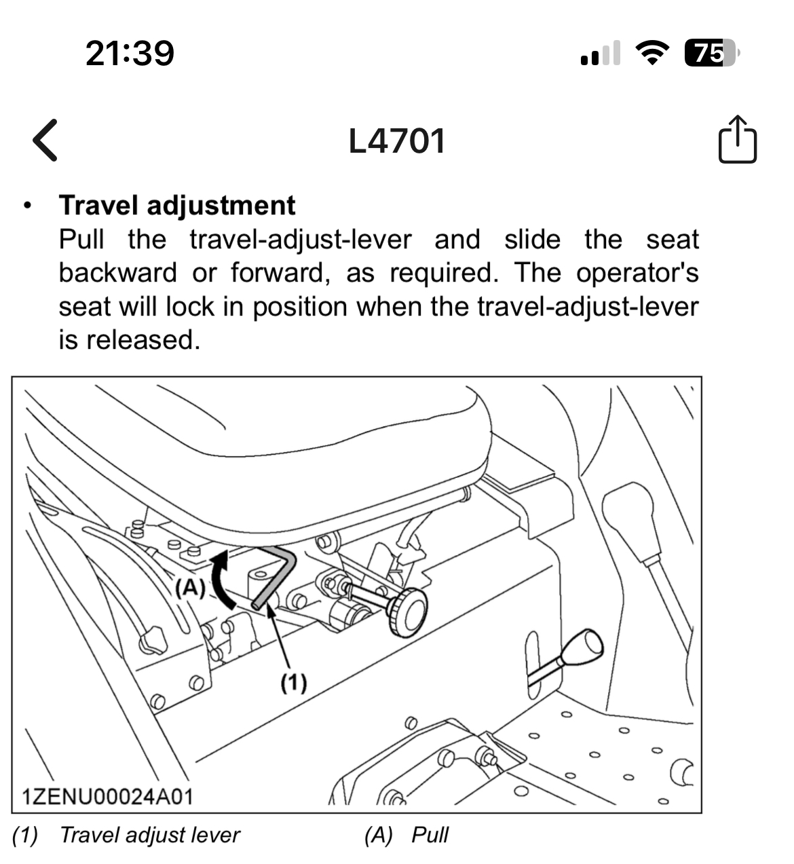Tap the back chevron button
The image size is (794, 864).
pyautogui.click(x=45, y=140)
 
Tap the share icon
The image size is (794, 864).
pyautogui.click(x=737, y=140)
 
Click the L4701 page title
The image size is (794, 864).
pyautogui.click(x=397, y=141)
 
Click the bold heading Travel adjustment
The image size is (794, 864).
pyautogui.click(x=177, y=205)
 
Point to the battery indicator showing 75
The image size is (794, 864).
pyautogui.click(x=710, y=53)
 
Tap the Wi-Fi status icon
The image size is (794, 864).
pyautogui.click(x=652, y=53)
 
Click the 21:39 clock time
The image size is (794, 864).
pyautogui.click(x=130, y=53)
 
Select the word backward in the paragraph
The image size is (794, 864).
pyautogui.click(x=117, y=273)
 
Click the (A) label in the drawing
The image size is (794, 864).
pyautogui.click(x=190, y=587)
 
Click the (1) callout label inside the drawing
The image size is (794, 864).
pyautogui.click(x=294, y=682)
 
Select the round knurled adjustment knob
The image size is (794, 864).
pyautogui.click(x=407, y=612)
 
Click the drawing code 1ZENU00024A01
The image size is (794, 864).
pyautogui.click(x=107, y=795)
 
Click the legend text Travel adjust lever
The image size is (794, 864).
pyautogui.click(x=149, y=835)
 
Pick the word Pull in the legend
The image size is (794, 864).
pyautogui.click(x=430, y=835)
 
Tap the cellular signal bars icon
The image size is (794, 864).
pyautogui.click(x=601, y=54)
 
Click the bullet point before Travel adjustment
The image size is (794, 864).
pyautogui.click(x=27, y=206)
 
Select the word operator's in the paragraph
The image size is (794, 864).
pyautogui.click(x=637, y=273)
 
